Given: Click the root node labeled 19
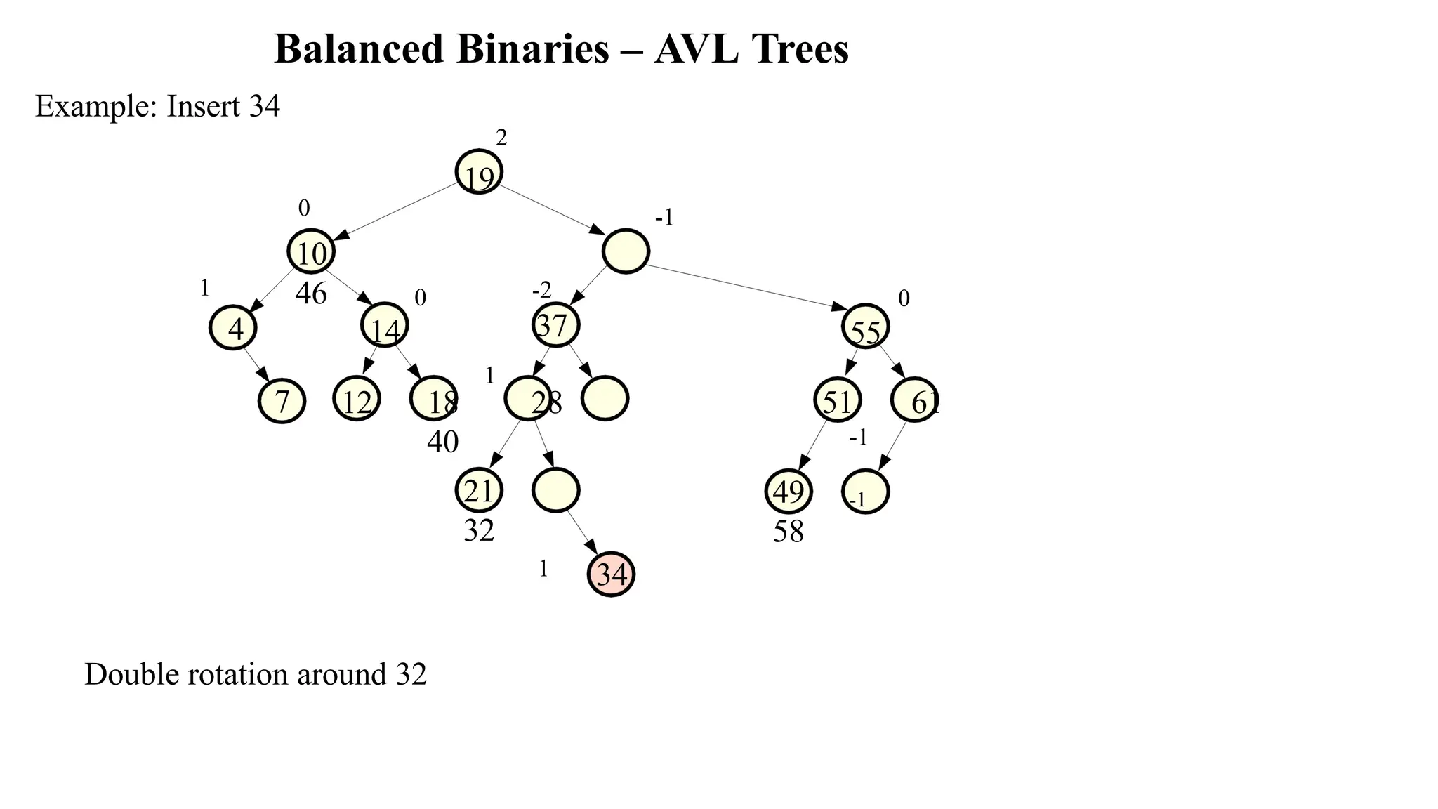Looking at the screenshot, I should (479, 172).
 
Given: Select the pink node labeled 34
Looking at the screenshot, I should (611, 574).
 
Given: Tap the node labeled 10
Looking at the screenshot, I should (310, 251).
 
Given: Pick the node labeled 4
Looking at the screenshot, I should (233, 328).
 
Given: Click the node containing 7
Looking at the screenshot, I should (282, 401).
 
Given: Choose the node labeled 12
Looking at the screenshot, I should (356, 400).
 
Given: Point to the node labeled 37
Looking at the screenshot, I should (555, 324).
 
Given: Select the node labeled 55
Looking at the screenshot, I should (865, 327).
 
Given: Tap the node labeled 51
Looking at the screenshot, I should (837, 400).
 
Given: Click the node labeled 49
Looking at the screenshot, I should (788, 491).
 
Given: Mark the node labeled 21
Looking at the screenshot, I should (479, 490).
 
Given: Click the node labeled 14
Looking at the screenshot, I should (384, 325).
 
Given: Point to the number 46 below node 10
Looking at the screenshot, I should (311, 294).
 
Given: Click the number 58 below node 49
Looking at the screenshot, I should (788, 532).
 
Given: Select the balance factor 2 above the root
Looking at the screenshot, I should (501, 138).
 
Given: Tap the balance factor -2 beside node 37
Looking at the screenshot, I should (541, 289).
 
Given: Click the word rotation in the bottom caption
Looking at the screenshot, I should (242, 674).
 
